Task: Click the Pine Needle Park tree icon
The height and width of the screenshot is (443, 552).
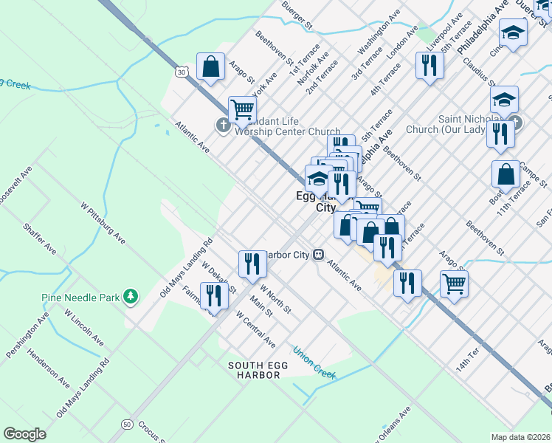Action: (x=131, y=297)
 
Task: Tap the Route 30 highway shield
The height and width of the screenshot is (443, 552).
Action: (x=182, y=72)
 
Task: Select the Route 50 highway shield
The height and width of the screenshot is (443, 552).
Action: (x=127, y=425)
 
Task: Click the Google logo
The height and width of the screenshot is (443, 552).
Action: (x=24, y=434)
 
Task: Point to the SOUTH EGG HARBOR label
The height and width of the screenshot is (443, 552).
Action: (x=254, y=370)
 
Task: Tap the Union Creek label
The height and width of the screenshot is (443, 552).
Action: (x=314, y=361)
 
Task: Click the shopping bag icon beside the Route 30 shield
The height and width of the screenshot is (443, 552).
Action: (x=211, y=66)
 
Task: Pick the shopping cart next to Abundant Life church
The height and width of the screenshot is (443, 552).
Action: (x=242, y=110)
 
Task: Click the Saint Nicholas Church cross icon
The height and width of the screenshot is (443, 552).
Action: (x=515, y=122)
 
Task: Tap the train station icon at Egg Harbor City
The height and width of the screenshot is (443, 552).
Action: (x=319, y=255)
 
